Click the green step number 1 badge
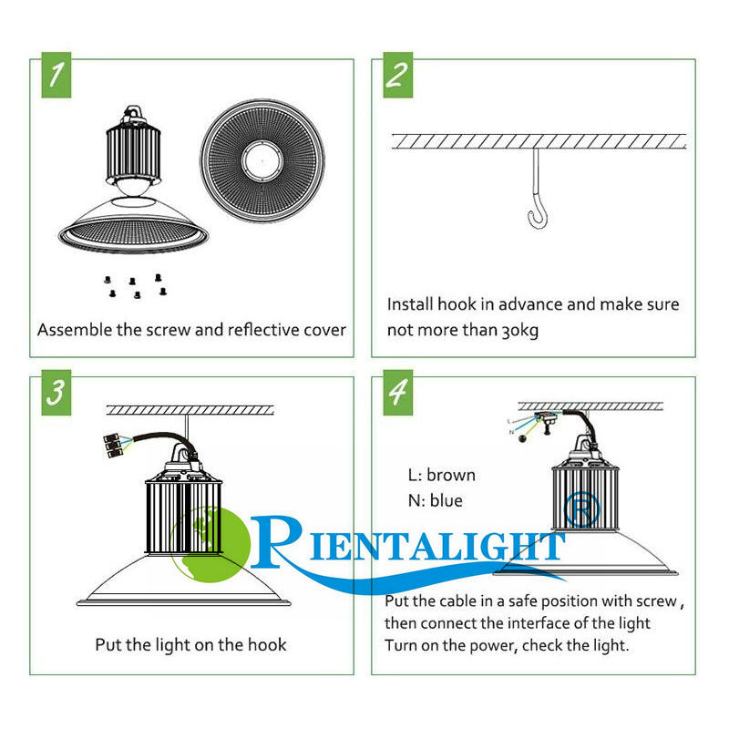(x=56, y=75)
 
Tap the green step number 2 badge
(x=398, y=75)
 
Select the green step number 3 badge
(x=56, y=393)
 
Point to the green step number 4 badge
(x=398, y=393)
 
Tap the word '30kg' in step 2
(x=519, y=331)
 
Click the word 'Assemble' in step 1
(x=75, y=330)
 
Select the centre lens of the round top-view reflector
(x=262, y=162)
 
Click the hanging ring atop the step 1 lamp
(x=133, y=111)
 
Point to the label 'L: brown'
(x=442, y=475)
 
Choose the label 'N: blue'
(x=436, y=500)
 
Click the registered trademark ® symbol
(x=581, y=509)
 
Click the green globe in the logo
(x=210, y=545)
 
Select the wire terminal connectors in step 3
(x=111, y=446)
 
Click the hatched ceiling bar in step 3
(x=190, y=409)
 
